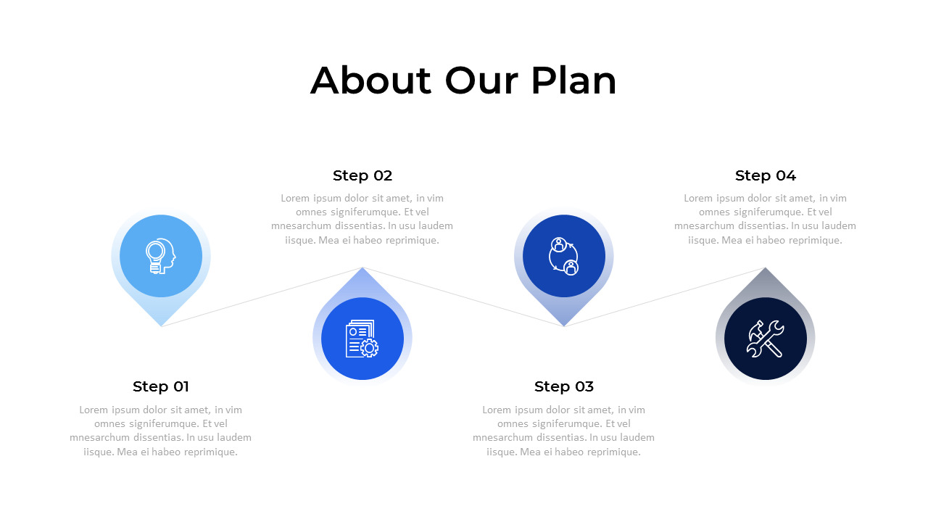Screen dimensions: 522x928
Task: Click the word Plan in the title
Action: click(573, 80)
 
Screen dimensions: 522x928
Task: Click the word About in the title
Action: click(370, 80)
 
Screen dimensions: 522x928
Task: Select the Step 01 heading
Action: click(161, 386)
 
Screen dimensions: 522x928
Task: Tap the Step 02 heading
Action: click(362, 175)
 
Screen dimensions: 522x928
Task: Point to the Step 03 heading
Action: click(564, 386)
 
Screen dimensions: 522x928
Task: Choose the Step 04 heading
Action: click(766, 175)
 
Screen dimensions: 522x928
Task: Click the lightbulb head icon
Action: click(161, 256)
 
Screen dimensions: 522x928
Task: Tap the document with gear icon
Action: click(362, 339)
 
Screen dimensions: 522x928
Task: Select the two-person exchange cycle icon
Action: click(564, 256)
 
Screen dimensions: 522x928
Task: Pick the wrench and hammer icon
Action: click(766, 339)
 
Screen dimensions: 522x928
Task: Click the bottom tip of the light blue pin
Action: click(161, 325)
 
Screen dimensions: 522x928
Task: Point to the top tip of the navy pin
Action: click(766, 269)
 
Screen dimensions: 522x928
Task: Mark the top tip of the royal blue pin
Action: click(362, 269)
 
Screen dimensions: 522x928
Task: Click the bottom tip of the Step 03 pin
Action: click(564, 325)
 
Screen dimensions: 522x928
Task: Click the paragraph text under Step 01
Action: click(161, 431)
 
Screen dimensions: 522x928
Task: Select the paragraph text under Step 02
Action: click(362, 219)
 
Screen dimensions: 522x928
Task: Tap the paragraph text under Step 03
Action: click(564, 431)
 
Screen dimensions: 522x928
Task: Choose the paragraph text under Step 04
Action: click(766, 219)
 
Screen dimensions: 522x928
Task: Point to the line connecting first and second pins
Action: click(262, 297)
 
